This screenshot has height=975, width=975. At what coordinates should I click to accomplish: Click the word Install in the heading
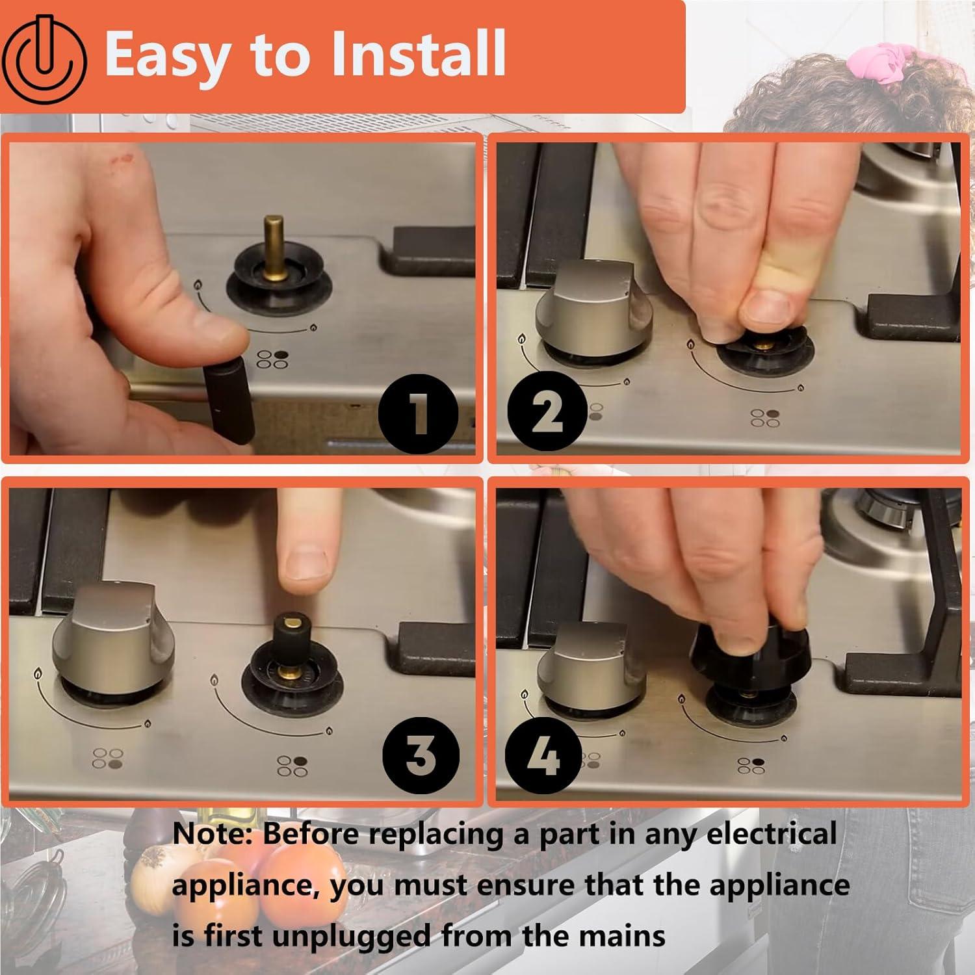[x=419, y=53]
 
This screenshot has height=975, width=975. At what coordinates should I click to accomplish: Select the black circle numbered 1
[x=419, y=414]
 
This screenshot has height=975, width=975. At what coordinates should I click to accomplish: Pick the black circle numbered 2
[x=547, y=412]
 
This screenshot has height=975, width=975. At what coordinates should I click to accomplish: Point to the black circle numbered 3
[x=421, y=756]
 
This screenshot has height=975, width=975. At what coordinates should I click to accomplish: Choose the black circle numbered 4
[x=543, y=756]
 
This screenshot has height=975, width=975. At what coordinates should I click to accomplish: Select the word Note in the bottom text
[x=211, y=835]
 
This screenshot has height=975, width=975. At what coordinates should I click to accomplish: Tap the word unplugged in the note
[x=351, y=937]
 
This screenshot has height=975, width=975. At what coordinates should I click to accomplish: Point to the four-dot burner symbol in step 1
[x=272, y=359]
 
